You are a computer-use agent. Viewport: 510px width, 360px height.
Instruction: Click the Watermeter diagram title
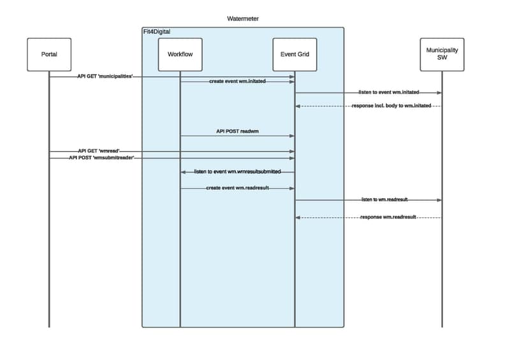(x=243, y=18)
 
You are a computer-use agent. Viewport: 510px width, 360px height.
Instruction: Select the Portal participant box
(x=48, y=54)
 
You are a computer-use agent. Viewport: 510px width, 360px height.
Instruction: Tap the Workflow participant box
(x=180, y=54)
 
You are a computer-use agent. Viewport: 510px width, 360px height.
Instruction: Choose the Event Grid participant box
(x=294, y=54)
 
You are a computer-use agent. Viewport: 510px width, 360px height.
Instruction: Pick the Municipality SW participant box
(x=442, y=54)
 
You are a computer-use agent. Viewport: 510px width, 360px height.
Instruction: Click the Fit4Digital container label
(x=157, y=31)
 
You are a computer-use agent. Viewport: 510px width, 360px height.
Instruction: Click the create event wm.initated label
(x=237, y=82)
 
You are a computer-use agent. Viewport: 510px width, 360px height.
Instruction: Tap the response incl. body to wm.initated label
(x=391, y=105)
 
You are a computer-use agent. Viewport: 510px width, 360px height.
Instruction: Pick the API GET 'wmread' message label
(x=99, y=151)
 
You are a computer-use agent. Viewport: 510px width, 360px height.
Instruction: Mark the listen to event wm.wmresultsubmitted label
(x=237, y=172)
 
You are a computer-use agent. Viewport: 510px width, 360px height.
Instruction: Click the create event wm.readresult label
(x=237, y=188)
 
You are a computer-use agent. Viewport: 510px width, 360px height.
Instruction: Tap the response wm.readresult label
(x=388, y=217)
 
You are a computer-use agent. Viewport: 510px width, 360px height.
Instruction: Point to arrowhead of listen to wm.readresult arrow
(x=439, y=200)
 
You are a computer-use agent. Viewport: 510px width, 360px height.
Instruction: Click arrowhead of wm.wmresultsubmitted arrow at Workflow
(x=183, y=172)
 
